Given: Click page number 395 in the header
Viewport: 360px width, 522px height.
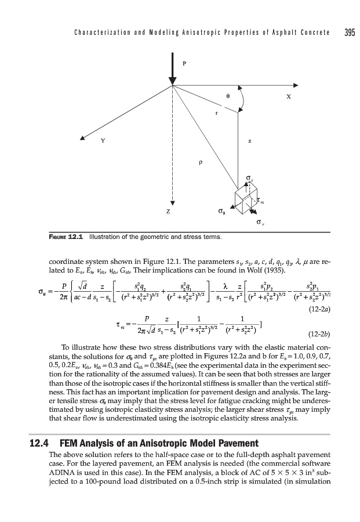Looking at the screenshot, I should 348,31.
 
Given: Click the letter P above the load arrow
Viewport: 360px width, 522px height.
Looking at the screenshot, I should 184,63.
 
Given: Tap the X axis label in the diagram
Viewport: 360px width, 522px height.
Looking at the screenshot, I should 288,97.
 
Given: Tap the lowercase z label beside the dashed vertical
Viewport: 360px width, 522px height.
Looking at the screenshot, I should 249,140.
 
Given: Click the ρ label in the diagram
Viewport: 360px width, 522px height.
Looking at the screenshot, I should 200,163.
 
